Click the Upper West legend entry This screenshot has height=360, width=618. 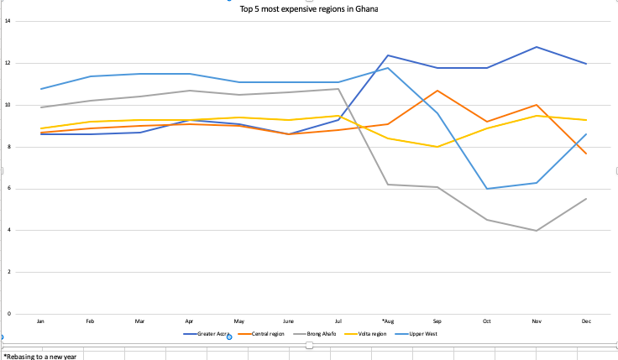point(422,334)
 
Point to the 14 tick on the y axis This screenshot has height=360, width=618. point(8,21)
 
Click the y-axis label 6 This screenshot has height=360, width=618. point(8,189)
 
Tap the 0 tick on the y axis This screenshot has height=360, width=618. point(8,314)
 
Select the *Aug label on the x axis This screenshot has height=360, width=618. point(387,321)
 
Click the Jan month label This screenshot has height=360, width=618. point(40,321)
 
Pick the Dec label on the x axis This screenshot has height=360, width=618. point(585,321)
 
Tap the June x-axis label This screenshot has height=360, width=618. point(288,321)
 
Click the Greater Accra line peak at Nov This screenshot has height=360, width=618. point(536,47)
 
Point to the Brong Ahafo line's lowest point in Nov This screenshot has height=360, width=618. point(536,230)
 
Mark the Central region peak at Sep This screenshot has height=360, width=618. point(437,90)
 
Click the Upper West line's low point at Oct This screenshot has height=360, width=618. point(487,189)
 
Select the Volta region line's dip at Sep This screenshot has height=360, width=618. point(437,147)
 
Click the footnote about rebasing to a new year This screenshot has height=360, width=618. point(40,356)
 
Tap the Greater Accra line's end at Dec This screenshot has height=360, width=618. point(585,64)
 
